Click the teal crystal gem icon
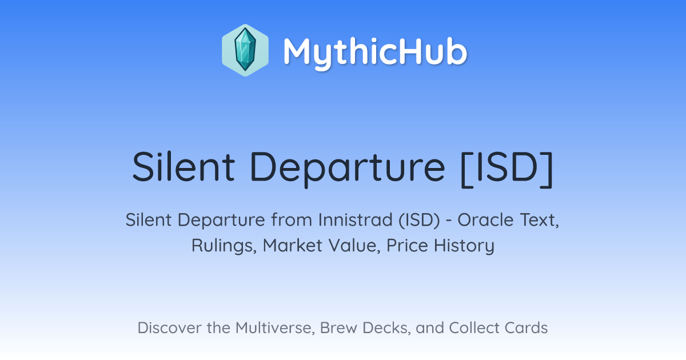(245, 50)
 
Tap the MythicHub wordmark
(375, 52)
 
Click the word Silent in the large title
(184, 167)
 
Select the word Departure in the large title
(348, 169)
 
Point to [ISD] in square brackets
(507, 169)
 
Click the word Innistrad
(356, 220)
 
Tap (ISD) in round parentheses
(419, 221)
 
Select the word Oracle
(485, 220)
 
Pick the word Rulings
(224, 246)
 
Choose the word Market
(293, 246)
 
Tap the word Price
(407, 246)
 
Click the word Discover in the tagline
(169, 327)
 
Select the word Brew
(338, 327)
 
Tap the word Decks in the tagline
(386, 328)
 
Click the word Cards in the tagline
(526, 327)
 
